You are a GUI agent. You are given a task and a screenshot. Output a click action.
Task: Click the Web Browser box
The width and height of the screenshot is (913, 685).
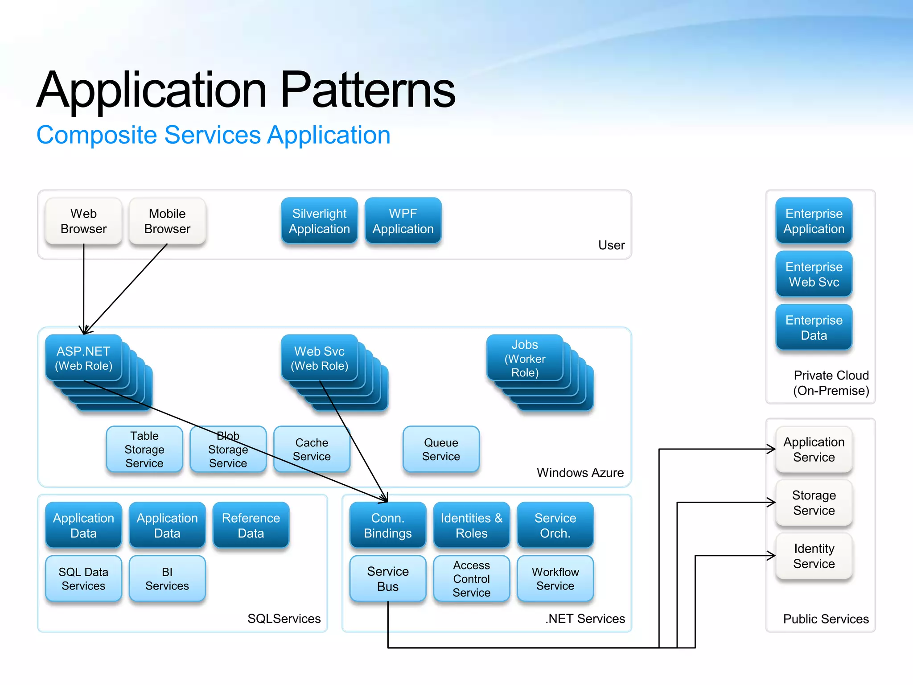(83, 221)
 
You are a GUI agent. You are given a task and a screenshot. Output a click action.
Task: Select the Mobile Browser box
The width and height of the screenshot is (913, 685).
(167, 221)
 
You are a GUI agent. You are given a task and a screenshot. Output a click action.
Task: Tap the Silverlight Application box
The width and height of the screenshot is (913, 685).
(319, 221)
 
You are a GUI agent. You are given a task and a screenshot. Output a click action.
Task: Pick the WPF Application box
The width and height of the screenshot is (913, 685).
(403, 221)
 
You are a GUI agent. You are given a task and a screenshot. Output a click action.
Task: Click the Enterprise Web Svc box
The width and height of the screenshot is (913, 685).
(814, 274)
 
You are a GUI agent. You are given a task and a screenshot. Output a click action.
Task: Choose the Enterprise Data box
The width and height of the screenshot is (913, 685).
(814, 328)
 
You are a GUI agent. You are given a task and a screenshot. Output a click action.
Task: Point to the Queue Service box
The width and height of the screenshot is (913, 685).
(441, 450)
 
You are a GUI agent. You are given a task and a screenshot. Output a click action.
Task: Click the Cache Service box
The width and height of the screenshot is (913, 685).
(312, 450)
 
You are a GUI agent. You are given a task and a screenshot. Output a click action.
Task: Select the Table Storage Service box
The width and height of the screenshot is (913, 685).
(144, 450)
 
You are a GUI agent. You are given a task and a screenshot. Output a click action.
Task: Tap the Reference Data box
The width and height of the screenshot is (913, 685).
(251, 525)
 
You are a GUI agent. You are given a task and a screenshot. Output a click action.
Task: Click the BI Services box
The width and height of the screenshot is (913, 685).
(167, 579)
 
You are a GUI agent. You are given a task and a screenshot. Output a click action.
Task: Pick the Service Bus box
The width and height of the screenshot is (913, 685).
(388, 579)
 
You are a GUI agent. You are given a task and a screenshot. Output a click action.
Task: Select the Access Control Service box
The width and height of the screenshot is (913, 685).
(471, 579)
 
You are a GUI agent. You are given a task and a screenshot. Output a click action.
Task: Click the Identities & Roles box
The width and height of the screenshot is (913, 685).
(471, 525)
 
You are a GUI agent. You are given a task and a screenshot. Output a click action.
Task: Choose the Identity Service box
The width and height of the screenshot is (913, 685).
(814, 556)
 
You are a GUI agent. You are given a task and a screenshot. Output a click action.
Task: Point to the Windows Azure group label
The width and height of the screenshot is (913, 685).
(580, 473)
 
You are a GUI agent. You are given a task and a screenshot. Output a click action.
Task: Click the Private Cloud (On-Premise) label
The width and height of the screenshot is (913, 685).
(831, 383)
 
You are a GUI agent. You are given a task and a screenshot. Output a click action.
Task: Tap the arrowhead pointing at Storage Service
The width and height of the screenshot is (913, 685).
(772, 503)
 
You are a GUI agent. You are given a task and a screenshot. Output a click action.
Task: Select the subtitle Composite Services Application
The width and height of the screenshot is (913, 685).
(213, 135)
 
